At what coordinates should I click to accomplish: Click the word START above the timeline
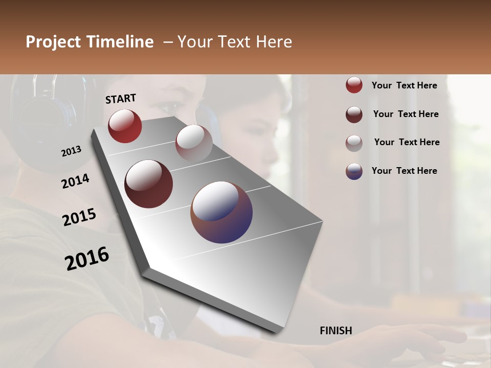pos(121,99)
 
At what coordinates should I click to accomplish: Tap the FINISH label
pos(336,331)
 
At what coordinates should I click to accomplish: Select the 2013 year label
pos(71,151)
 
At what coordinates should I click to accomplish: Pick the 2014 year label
pos(75,181)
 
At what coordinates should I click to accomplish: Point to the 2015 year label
pos(79,217)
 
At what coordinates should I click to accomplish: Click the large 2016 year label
pos(87,259)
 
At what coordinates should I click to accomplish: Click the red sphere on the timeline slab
pos(125,126)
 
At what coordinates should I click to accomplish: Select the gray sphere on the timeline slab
pos(194,143)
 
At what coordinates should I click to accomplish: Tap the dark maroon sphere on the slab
pos(148,184)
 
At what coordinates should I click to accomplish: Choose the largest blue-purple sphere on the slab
pos(221,212)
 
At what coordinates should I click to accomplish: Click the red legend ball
pos(354,85)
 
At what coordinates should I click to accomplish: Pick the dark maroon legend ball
pos(354,114)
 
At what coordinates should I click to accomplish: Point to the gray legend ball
pos(354,143)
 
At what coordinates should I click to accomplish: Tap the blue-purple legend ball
pos(354,171)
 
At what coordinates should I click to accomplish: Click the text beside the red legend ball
pos(404,85)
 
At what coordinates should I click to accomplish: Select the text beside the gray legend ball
pos(407,142)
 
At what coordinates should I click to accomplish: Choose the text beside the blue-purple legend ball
pos(404,171)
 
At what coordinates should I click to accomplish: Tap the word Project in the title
pos(53,42)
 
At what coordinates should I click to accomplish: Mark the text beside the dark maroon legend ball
pos(406,114)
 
